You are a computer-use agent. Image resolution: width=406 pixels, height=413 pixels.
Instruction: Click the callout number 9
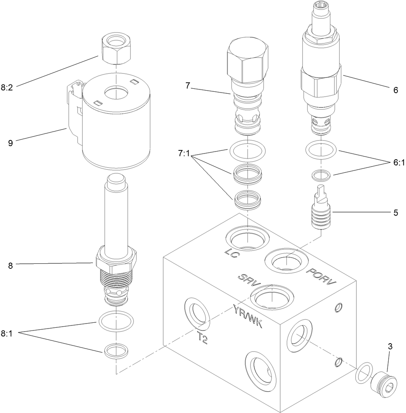[10, 143]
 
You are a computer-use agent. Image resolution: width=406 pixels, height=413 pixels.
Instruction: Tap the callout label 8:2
[7, 88]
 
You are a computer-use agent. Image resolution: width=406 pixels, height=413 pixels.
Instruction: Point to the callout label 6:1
[398, 163]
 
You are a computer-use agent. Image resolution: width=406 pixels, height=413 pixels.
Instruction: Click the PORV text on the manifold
[321, 278]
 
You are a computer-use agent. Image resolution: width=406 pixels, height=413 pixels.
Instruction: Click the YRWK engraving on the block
[248, 315]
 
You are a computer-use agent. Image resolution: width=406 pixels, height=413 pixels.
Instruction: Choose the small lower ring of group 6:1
[321, 175]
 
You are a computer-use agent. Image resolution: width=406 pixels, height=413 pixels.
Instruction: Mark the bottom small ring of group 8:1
[116, 350]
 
